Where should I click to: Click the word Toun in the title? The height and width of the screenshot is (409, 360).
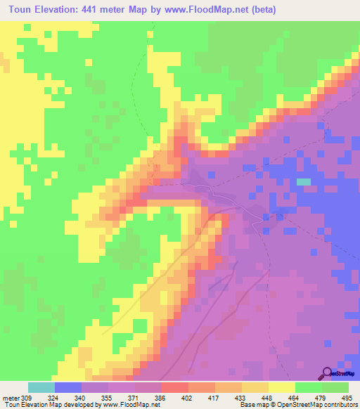[25, 10]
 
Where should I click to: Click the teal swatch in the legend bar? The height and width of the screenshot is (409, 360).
[41, 387]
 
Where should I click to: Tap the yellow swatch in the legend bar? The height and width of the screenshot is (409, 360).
[281, 387]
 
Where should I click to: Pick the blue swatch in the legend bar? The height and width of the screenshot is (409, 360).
[68, 387]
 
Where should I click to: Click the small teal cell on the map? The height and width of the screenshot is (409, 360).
[303, 181]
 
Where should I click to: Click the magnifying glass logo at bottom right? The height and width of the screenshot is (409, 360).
[327, 372]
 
